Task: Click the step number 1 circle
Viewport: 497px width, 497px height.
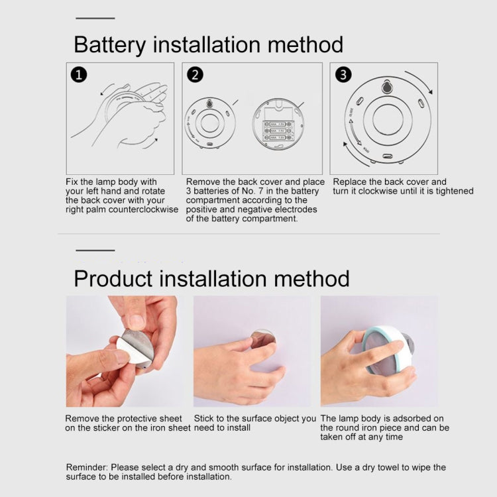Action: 79,74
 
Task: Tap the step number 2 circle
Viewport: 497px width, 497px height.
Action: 195,74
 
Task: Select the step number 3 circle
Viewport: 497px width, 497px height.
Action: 343,74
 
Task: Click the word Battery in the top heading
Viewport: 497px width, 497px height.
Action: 109,44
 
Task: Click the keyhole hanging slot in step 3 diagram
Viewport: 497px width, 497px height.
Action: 387,87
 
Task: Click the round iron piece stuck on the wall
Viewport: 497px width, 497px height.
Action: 263,339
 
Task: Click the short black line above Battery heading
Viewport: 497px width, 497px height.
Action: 95,18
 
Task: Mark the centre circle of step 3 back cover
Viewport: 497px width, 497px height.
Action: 387,120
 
